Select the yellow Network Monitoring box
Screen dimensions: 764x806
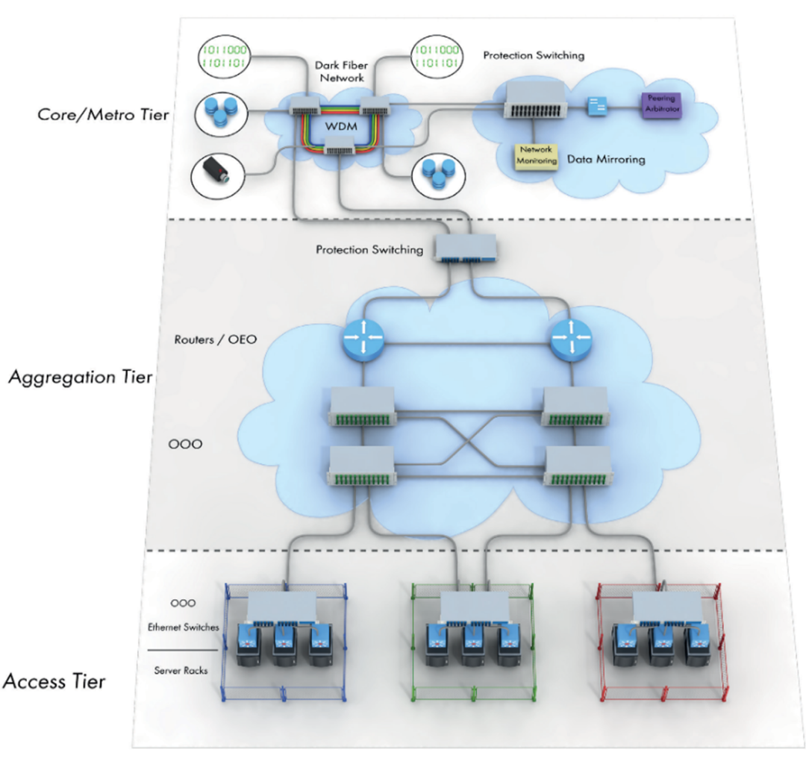[x=534, y=154]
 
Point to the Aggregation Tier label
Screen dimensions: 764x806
[x=81, y=377]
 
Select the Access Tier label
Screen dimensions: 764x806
[x=54, y=680]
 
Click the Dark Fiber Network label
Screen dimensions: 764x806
[x=339, y=70]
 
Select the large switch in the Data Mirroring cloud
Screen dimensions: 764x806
[x=534, y=100]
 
